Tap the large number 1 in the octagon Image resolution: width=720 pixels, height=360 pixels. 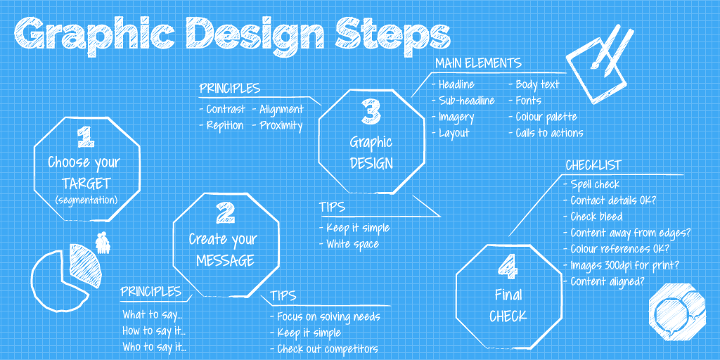[84, 136]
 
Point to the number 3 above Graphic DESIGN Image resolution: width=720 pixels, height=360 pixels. [371, 112]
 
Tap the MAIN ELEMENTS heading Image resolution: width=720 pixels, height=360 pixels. [478, 63]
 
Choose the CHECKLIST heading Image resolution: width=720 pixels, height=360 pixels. [593, 165]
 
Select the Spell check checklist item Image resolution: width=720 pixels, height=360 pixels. [595, 184]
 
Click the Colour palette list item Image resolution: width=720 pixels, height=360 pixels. [546, 117]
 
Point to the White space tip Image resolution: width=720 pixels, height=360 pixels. [352, 244]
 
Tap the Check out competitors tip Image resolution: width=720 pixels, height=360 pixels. [327, 349]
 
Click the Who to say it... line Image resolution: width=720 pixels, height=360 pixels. [153, 346]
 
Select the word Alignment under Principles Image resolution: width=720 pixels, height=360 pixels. [281, 109]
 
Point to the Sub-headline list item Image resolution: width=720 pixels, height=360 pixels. [466, 101]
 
